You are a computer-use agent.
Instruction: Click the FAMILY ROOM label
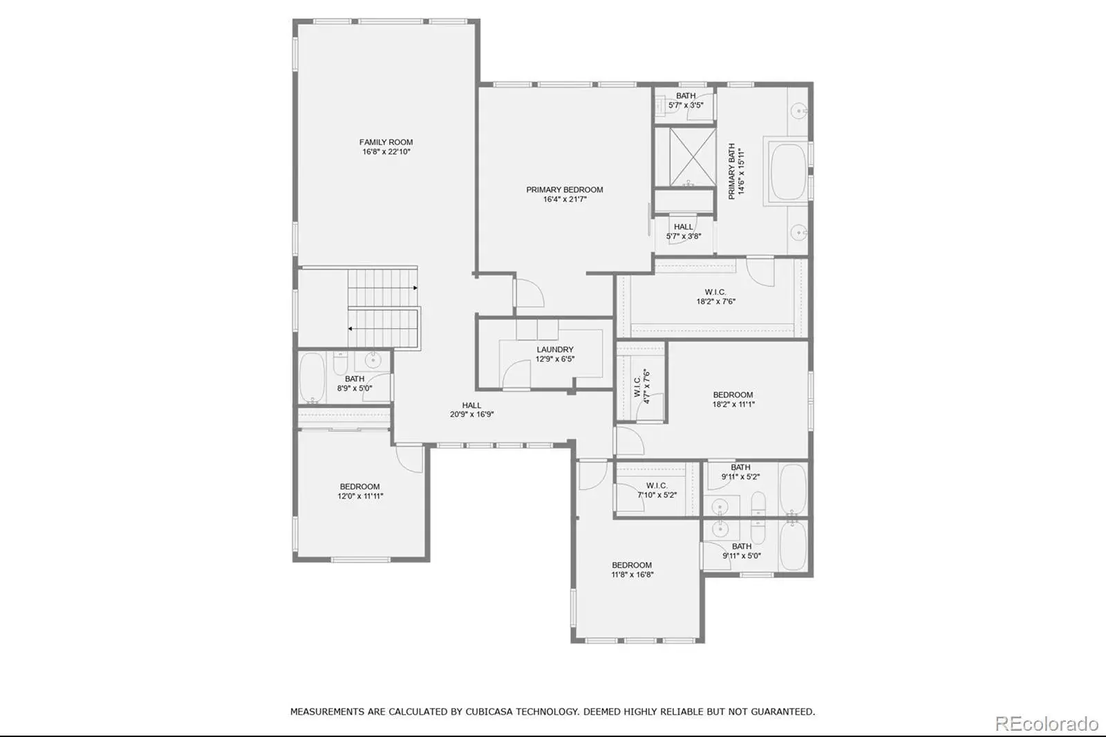coord(386,147)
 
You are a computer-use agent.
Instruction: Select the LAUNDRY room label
coord(555,354)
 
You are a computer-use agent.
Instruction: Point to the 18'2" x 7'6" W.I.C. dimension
coord(716,301)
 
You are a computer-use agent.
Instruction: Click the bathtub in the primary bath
coord(789,171)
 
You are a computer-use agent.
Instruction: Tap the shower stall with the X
coord(692,157)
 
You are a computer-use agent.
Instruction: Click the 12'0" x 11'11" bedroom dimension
coord(360,496)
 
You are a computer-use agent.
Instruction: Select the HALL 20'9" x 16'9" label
coord(471,410)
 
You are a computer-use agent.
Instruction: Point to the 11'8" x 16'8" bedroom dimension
coord(632,575)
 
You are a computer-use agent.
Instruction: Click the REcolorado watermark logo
coord(1047,724)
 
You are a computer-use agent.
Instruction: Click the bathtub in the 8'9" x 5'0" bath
coord(312,377)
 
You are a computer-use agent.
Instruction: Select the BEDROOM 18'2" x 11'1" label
coord(733,399)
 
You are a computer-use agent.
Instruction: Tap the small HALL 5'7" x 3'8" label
coord(684,231)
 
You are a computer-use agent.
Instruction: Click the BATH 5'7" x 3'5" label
coord(686,100)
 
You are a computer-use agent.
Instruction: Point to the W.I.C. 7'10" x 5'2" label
coord(657,490)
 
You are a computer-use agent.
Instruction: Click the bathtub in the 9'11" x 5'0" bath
coord(793,545)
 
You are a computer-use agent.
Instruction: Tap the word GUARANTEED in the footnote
coord(784,712)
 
